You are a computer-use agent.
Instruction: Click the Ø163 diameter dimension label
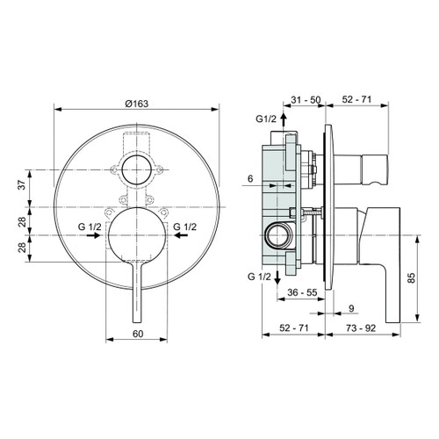tap(135, 102)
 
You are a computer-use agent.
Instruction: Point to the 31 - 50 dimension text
tap(306, 102)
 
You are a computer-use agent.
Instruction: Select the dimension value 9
tap(351, 308)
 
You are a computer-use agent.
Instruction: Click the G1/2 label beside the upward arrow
tap(266, 119)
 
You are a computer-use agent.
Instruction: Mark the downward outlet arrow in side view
tap(280, 277)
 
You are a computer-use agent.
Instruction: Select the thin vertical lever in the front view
tap(135, 299)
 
